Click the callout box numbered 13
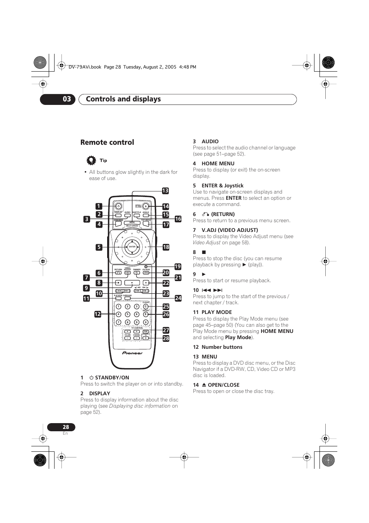[165, 190]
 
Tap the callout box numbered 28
[166, 338]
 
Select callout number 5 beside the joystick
[99, 247]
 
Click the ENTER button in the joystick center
[132, 247]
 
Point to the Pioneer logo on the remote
[132, 353]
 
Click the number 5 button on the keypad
[128, 314]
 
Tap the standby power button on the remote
[119, 206]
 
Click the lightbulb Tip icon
[91, 160]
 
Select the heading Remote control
[107, 142]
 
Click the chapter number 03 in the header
[67, 99]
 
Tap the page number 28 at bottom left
[66, 427]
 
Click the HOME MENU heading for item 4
[218, 163]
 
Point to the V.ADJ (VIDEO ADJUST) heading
[229, 230]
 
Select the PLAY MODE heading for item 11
[217, 312]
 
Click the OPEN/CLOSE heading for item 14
[223, 385]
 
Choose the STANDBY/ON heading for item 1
[112, 377]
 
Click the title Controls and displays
[123, 99]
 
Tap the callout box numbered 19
[178, 266]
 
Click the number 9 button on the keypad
[137, 322]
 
